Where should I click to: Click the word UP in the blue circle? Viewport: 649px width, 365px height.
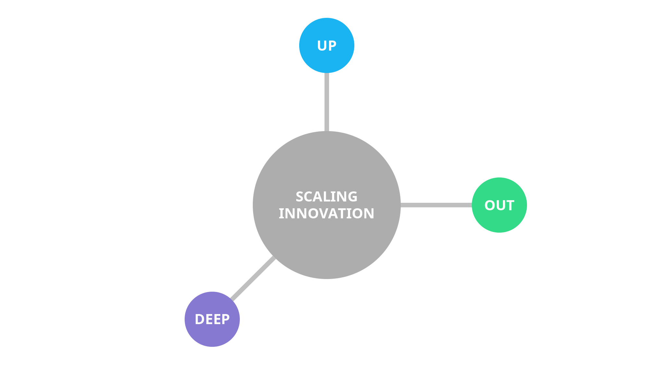pos(326,46)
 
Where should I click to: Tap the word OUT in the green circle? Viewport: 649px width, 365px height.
pos(499,205)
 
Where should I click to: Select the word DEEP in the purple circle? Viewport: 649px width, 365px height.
pos(212,319)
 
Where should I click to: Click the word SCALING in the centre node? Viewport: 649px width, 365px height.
pos(326,197)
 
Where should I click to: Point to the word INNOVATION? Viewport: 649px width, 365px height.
pos(326,213)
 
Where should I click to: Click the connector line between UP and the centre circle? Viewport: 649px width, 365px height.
pos(327,102)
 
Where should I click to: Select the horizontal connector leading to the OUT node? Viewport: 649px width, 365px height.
pos(436,205)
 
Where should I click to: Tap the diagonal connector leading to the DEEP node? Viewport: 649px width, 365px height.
pos(253,278)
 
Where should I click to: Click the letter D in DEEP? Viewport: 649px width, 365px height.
pos(200,319)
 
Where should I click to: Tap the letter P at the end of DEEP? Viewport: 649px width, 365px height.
pos(226,319)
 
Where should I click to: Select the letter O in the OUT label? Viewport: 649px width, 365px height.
pos(489,205)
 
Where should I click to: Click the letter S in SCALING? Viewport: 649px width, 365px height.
pos(300,197)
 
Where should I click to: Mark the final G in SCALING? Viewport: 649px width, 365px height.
pos(352,197)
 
